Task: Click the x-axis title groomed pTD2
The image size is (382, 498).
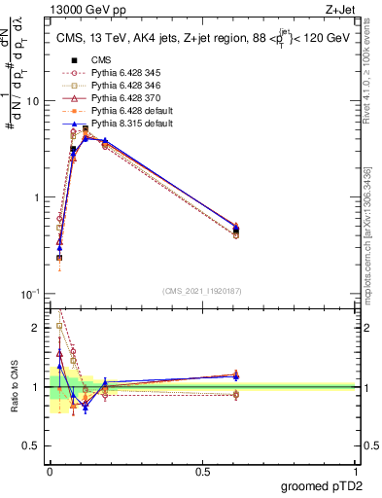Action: tap(322, 486)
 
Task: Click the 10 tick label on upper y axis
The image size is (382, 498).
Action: tap(32, 101)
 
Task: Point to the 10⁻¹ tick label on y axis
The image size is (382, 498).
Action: tap(29, 294)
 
